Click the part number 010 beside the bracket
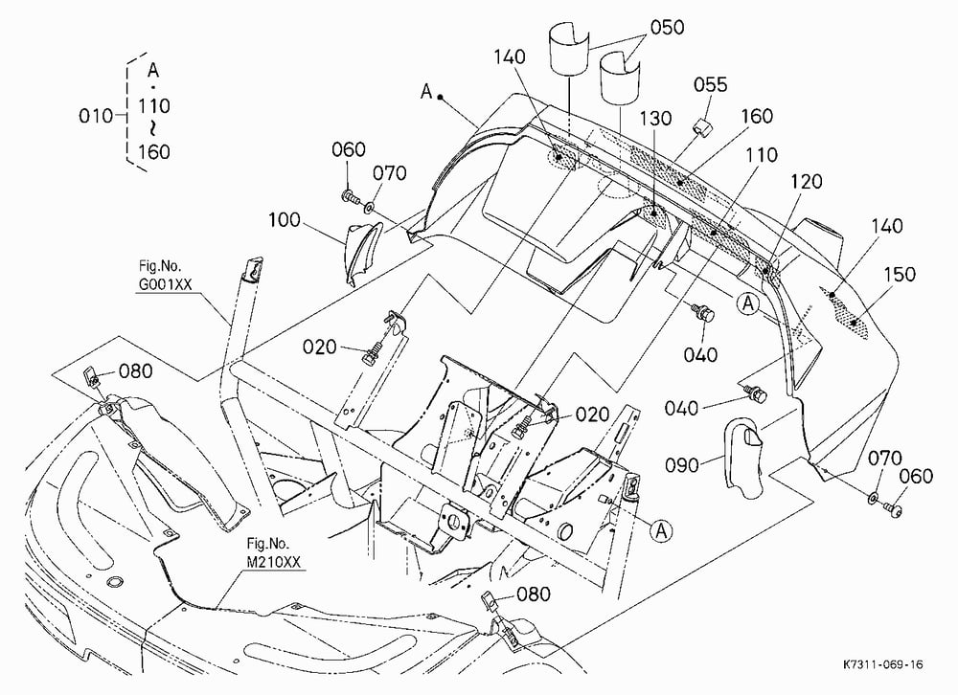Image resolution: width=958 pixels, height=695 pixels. coord(95,116)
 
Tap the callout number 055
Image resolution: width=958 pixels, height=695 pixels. coord(711,85)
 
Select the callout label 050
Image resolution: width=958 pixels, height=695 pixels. coord(667,28)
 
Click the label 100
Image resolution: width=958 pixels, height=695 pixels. coord(285,220)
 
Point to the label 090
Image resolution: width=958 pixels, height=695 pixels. coord(682,465)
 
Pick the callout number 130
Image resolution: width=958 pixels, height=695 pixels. coord(655,118)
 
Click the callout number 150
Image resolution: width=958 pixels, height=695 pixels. coord(900,274)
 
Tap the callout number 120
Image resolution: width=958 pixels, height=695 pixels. coord(807,181)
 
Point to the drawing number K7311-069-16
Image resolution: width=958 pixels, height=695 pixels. coord(883,663)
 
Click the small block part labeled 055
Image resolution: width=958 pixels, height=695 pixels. coord(700,126)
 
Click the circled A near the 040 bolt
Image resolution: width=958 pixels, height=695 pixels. coord(748,303)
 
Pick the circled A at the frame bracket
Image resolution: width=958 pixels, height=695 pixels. coord(660,530)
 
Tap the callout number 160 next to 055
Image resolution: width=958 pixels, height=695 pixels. coord(757,116)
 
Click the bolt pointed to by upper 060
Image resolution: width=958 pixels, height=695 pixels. coord(350,197)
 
